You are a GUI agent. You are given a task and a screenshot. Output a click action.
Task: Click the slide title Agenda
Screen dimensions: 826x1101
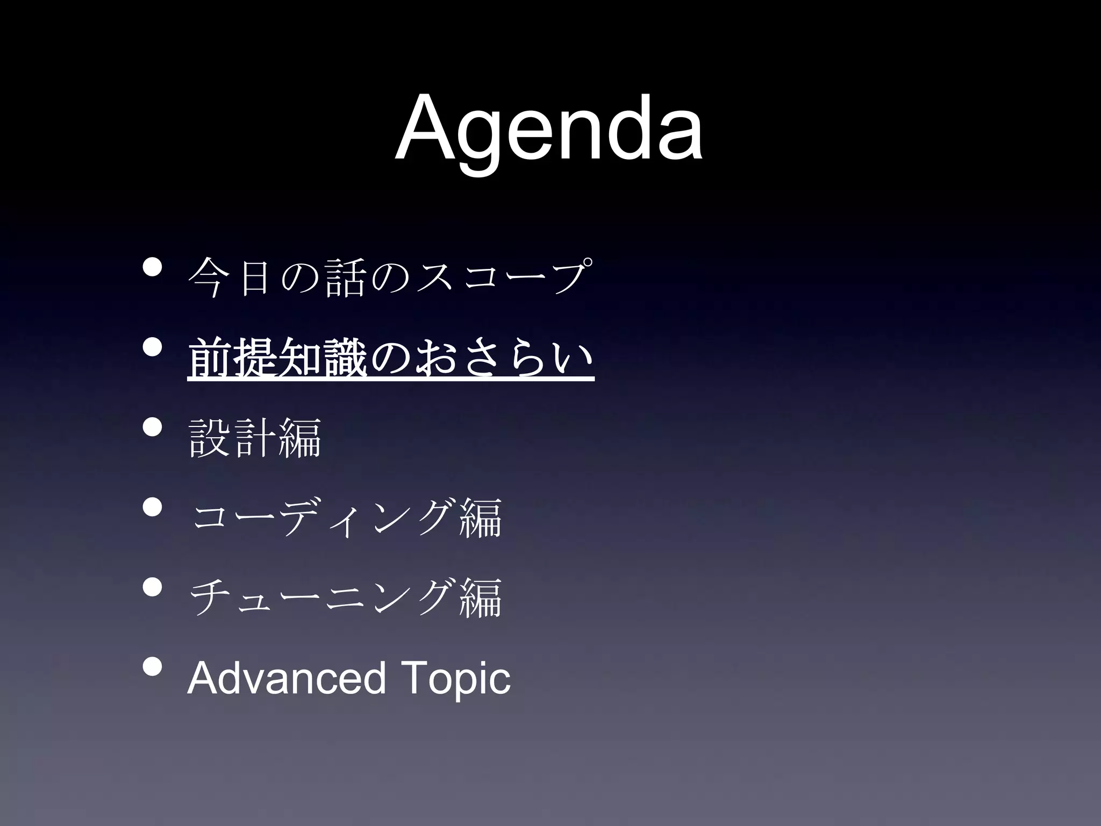[x=548, y=129]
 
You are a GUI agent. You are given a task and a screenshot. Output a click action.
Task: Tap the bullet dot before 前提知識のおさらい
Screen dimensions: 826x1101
[x=152, y=347]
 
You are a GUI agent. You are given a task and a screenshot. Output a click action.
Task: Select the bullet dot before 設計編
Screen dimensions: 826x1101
[x=152, y=428]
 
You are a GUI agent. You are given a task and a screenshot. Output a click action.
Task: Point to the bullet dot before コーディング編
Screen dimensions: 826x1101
[x=152, y=508]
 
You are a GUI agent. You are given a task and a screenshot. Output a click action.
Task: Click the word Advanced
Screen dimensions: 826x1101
[x=286, y=678]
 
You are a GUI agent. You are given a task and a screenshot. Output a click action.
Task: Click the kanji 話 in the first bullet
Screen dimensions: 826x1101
[x=346, y=277]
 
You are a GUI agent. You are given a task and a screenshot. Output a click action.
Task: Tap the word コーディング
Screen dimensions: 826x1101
[x=323, y=517]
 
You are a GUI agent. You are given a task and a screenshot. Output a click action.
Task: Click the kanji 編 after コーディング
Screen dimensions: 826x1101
[x=481, y=517]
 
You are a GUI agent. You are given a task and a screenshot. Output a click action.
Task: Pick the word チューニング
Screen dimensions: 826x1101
[x=323, y=597]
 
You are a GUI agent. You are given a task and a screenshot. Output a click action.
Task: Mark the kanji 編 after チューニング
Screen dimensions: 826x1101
[x=481, y=597]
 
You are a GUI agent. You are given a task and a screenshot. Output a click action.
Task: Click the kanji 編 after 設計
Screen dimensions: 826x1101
[x=300, y=437]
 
